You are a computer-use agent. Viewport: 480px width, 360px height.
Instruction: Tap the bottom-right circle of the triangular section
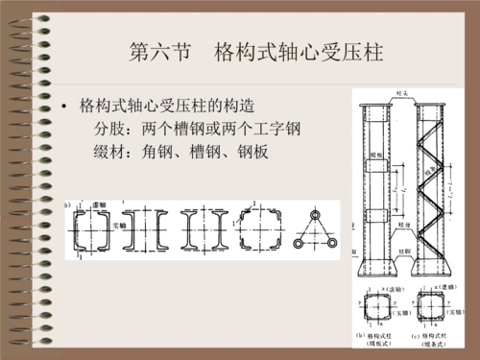[x=331, y=244]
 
